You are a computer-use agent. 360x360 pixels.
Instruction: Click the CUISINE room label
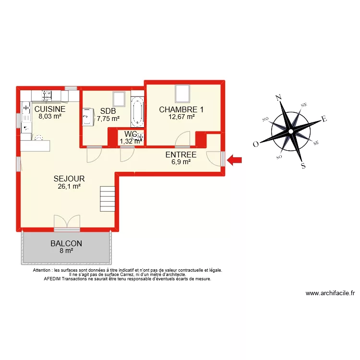(50, 109)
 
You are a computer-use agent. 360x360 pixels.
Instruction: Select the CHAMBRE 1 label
(181, 109)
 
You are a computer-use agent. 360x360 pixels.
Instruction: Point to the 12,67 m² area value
(181, 117)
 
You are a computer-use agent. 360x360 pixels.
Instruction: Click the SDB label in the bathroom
(108, 111)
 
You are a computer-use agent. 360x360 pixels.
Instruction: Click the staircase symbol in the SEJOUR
(107, 199)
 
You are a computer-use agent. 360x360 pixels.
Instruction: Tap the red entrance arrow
(235, 160)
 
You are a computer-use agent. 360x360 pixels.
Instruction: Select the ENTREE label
(181, 155)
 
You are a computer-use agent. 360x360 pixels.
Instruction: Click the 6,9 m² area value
(181, 162)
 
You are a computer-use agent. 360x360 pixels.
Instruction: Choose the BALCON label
(66, 243)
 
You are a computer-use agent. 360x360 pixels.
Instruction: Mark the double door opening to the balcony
(66, 221)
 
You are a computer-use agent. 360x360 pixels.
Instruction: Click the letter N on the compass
(278, 98)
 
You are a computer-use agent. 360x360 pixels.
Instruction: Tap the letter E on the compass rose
(324, 119)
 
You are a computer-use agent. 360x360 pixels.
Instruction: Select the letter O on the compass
(256, 144)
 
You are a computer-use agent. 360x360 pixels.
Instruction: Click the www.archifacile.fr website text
(330, 294)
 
